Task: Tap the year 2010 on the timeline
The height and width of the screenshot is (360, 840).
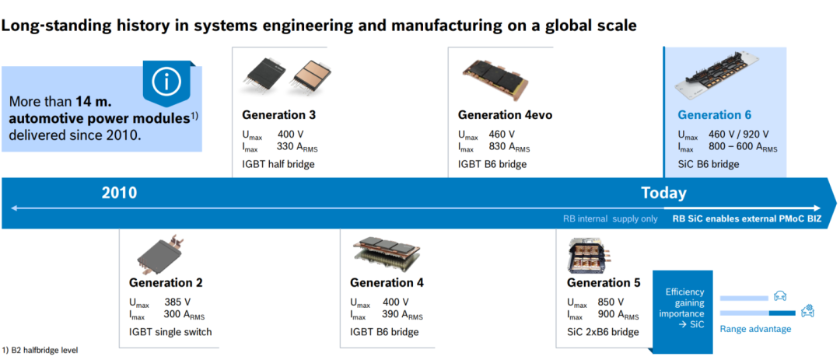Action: tap(120, 194)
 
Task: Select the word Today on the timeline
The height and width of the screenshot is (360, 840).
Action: tap(663, 193)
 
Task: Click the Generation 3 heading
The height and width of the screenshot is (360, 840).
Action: tap(278, 115)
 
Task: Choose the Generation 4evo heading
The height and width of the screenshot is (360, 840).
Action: tap(505, 115)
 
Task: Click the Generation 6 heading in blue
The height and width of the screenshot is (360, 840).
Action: tap(715, 115)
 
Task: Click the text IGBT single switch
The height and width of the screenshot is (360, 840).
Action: tap(170, 332)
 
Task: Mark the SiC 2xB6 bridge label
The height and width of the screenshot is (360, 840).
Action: tap(603, 332)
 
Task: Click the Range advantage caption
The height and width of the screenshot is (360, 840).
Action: tap(755, 329)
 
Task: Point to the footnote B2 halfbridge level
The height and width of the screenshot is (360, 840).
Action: tap(40, 351)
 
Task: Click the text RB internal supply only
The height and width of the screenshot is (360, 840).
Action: tap(611, 218)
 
